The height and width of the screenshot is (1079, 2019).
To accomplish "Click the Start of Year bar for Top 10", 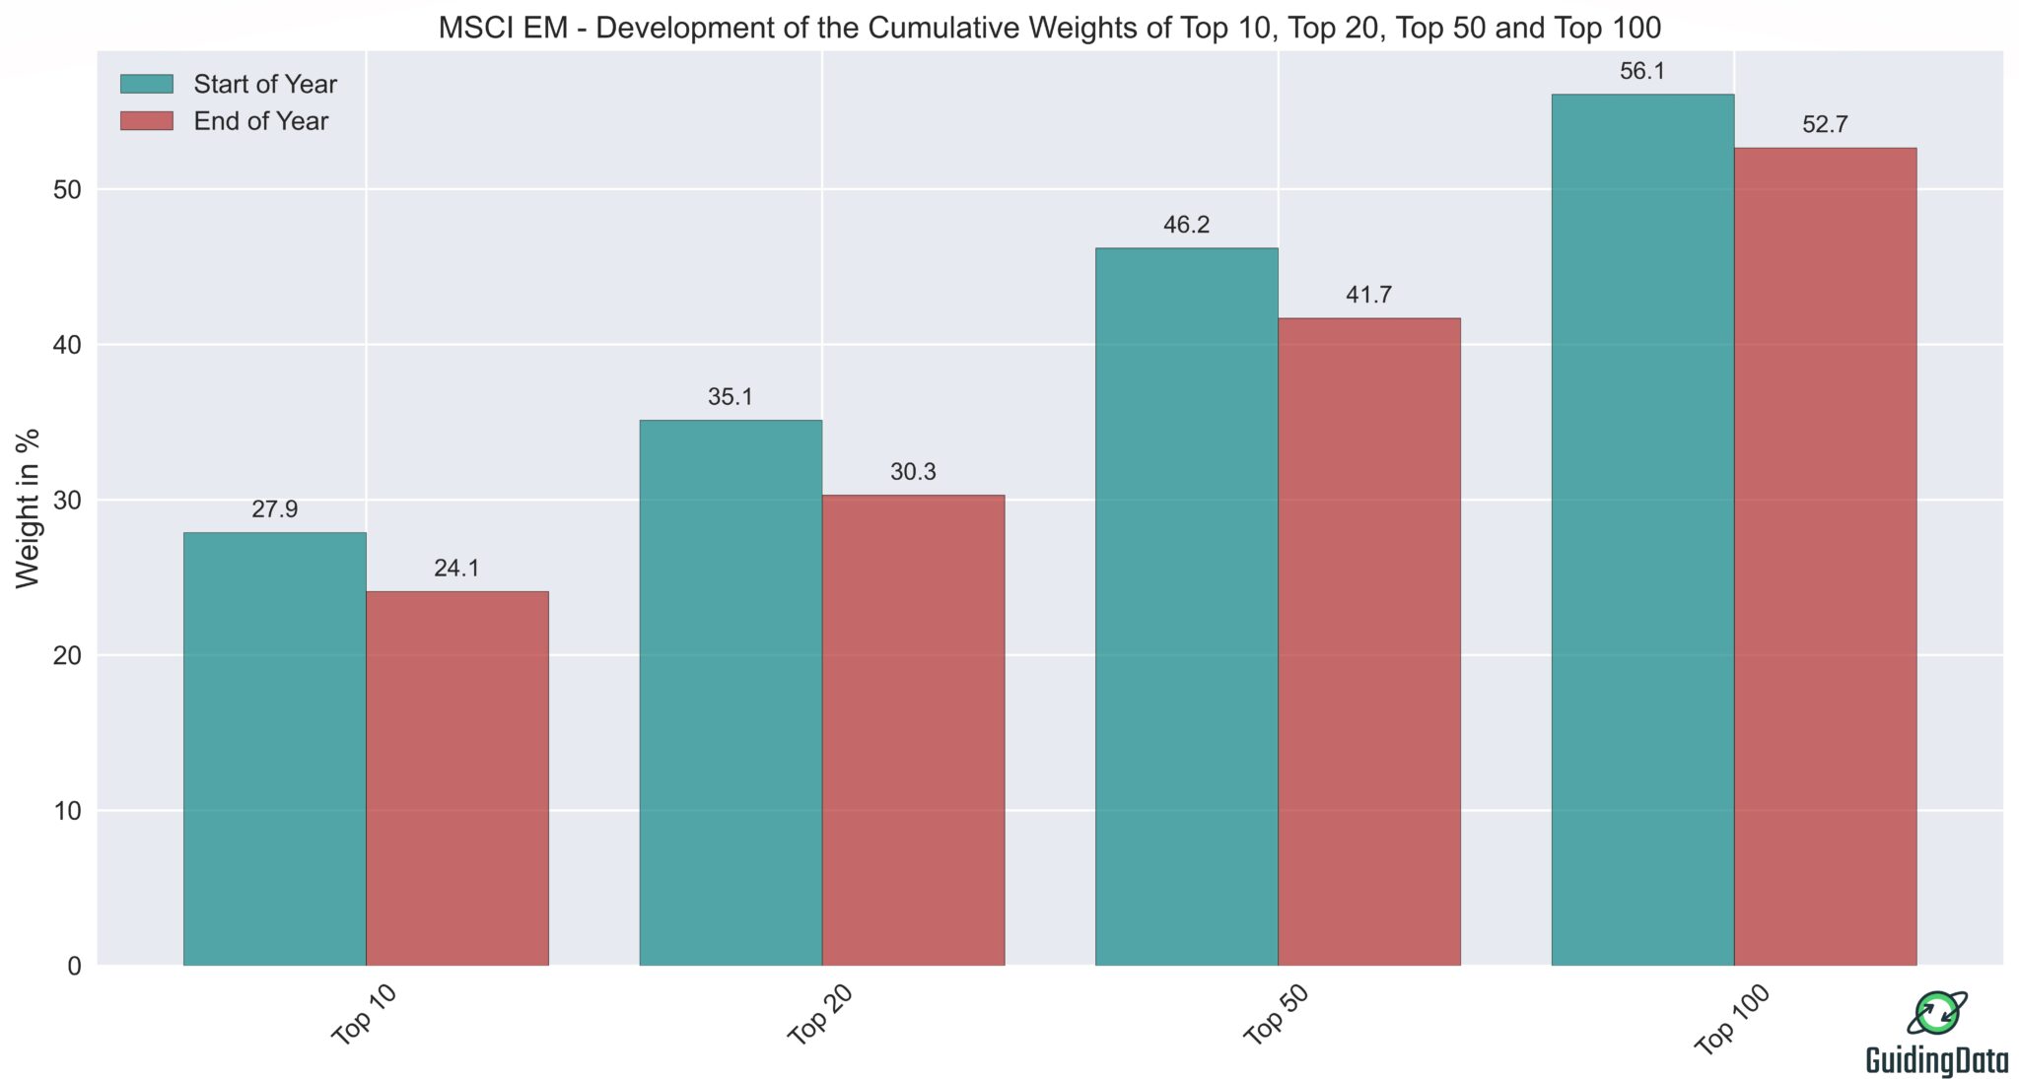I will (274, 749).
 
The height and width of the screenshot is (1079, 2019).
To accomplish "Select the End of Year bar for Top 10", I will (457, 778).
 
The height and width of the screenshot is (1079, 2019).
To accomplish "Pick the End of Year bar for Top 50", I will (1369, 641).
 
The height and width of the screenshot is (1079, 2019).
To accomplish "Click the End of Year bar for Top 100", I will (1825, 557).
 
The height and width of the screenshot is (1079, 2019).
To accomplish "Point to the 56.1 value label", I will (1642, 71).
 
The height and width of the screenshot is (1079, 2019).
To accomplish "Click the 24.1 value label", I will (457, 569).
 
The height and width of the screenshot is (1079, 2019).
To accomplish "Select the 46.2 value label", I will (1186, 225).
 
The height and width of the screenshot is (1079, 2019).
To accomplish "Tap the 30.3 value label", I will (913, 472).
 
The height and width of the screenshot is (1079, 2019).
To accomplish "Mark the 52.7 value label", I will (1825, 125).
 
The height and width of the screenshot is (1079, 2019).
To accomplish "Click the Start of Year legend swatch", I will (146, 84).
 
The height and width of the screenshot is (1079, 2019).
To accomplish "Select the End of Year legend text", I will (261, 121).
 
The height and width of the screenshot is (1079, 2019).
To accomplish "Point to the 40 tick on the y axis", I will (67, 345).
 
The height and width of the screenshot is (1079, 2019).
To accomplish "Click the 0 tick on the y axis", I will (75, 967).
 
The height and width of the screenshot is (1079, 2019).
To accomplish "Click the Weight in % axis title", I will (29, 507).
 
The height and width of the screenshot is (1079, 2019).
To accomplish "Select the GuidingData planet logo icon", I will (1937, 1013).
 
